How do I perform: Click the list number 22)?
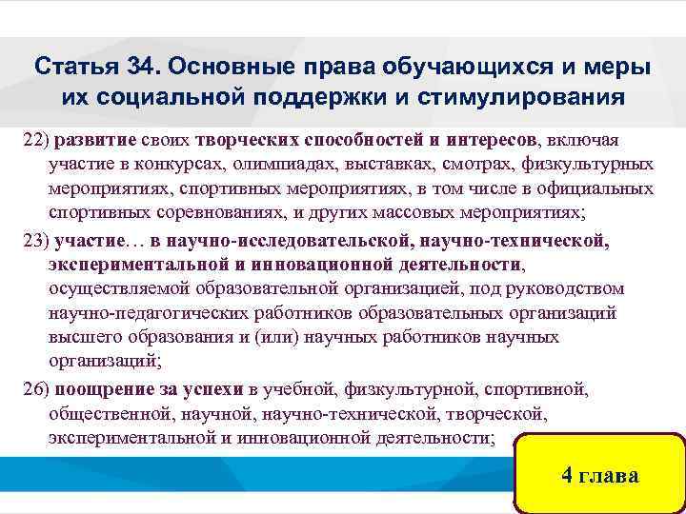point(36,139)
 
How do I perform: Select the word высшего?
point(82,338)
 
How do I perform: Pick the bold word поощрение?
point(101,389)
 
